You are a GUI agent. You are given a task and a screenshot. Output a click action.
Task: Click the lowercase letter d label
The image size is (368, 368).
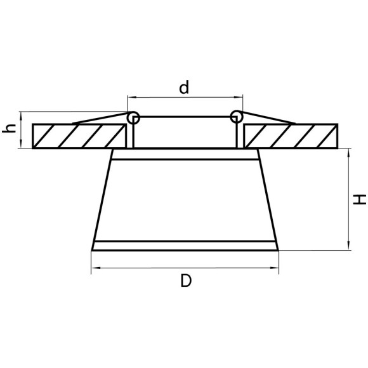[184, 88]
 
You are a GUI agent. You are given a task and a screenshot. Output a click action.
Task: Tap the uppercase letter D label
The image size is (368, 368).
[186, 280]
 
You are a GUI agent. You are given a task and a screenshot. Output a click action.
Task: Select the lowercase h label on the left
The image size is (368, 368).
[9, 128]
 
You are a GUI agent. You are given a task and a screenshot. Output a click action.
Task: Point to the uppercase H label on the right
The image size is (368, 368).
[360, 199]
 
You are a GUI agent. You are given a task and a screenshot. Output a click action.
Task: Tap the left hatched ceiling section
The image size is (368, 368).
[79, 136]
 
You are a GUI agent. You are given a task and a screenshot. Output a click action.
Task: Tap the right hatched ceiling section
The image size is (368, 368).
[291, 136]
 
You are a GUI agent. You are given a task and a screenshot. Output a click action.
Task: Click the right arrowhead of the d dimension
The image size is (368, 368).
[239, 97]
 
